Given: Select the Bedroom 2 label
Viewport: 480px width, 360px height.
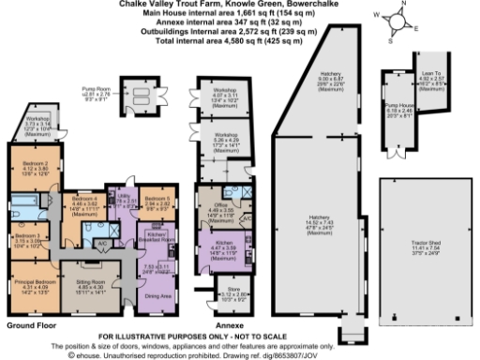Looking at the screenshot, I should pos(34,165).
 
